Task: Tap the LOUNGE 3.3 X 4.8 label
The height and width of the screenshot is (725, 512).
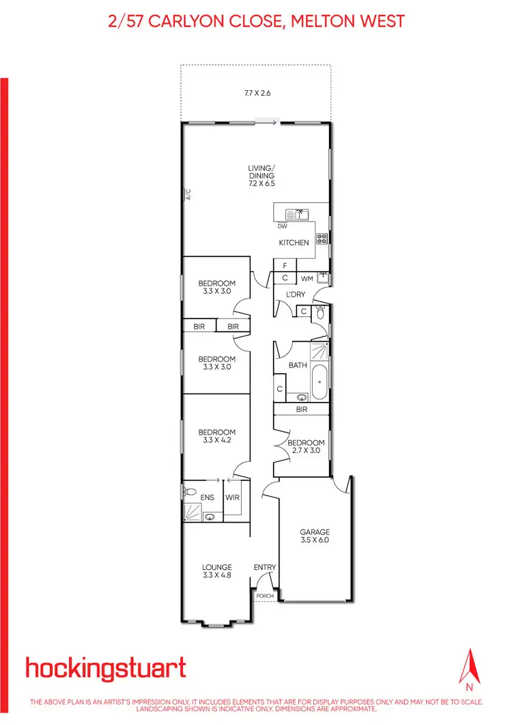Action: (x=217, y=571)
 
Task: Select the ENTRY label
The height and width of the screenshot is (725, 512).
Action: (x=264, y=567)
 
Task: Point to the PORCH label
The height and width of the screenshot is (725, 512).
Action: (x=264, y=596)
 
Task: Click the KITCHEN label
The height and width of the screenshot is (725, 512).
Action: (x=294, y=243)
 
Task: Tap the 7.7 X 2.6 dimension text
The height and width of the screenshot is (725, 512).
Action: (x=257, y=93)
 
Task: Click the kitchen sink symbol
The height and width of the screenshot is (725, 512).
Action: (x=298, y=214)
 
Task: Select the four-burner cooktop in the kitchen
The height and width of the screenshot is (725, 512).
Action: (x=322, y=238)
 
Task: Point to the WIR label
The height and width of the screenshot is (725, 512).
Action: (x=232, y=498)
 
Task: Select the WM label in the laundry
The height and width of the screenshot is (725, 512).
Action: (x=307, y=278)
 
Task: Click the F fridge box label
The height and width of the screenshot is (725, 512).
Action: (x=285, y=265)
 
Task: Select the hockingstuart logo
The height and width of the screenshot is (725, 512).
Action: (x=105, y=668)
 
